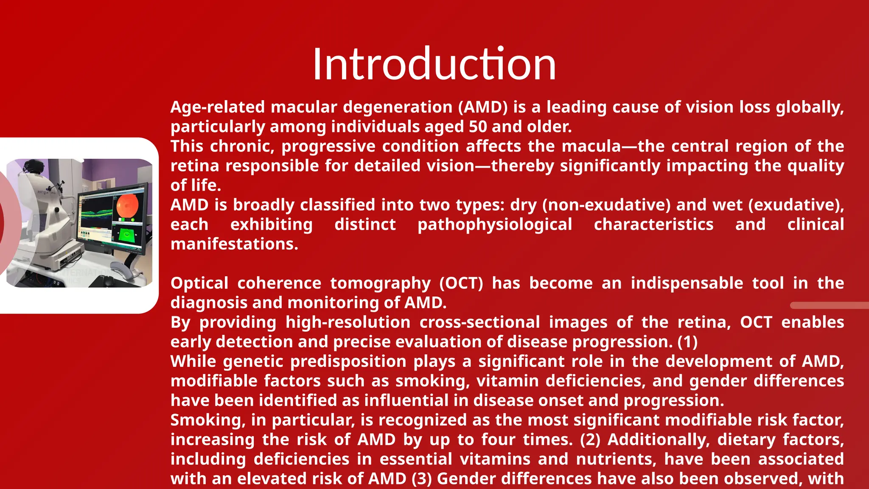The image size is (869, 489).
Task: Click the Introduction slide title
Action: click(x=434, y=65)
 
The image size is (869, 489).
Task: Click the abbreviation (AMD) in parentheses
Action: click(x=483, y=107)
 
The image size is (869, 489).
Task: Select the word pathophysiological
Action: click(x=495, y=225)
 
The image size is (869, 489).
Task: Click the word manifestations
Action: click(x=234, y=244)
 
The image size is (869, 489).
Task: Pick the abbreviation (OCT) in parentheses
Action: click(x=461, y=284)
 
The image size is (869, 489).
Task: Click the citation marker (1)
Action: click(x=687, y=342)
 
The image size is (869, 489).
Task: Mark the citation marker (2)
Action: click(x=590, y=440)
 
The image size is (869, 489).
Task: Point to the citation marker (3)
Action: click(x=421, y=479)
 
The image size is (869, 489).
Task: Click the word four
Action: click(x=497, y=440)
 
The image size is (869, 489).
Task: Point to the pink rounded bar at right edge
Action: click(x=830, y=305)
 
